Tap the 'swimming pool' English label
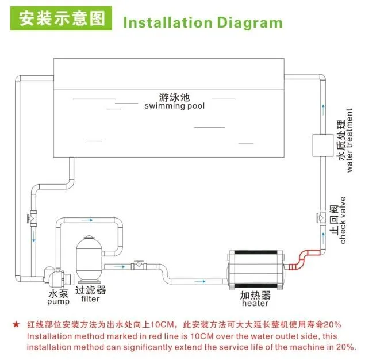pos(175,106)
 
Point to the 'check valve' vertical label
pos(343,220)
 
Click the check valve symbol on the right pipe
pos(321,217)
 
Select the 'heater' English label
pos(255,303)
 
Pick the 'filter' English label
pos(90,299)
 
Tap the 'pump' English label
pos(59,302)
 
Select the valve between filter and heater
pos(139,266)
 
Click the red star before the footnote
pos(16,325)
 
